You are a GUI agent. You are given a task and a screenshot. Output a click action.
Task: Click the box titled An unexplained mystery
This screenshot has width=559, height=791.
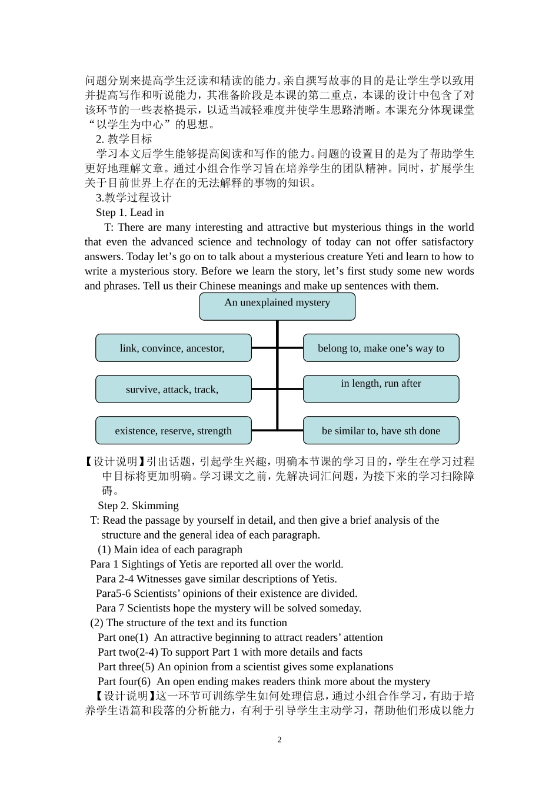[277, 306]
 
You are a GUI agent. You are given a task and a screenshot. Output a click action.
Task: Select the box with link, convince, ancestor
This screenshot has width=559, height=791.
[173, 348]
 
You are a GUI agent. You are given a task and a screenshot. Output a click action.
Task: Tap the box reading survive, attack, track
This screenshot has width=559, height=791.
[173, 389]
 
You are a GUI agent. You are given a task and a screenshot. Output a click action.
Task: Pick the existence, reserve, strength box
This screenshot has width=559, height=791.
[173, 430]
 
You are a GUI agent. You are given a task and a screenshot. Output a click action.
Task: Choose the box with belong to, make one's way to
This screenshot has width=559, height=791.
[381, 348]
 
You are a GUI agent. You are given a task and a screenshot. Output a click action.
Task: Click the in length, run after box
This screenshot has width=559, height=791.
[381, 389]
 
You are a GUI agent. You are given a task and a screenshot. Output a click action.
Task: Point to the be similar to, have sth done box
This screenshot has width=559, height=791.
[381, 430]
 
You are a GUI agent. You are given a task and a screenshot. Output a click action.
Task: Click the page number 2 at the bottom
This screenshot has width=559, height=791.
[279, 740]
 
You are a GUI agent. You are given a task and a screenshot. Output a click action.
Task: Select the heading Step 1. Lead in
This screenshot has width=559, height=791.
[130, 212]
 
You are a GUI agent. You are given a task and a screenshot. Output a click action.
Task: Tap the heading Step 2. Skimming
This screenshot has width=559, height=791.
[138, 506]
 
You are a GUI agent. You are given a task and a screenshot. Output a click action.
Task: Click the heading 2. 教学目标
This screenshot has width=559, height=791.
[124, 139]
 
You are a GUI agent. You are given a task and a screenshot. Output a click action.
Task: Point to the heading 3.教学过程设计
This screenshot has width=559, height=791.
[134, 198]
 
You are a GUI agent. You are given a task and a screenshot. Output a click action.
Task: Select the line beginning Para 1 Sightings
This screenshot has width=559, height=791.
[217, 564]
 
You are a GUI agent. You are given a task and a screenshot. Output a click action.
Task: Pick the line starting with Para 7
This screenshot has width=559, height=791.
[228, 608]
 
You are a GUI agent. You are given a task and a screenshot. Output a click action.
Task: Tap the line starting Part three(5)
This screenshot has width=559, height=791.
[245, 667]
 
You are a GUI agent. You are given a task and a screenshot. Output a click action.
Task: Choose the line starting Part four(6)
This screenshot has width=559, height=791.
[264, 682]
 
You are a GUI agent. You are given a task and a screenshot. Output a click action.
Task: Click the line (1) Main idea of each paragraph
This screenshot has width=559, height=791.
[170, 549]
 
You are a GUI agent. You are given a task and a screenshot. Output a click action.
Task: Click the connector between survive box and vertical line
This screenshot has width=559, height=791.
[264, 389]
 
